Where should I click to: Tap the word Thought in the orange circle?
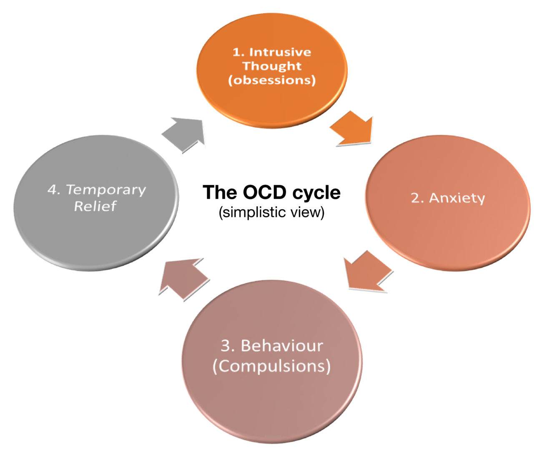[272, 66]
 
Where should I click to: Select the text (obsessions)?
[272, 80]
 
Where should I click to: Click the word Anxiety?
[457, 198]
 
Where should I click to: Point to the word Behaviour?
[282, 346]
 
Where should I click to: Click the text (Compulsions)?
[271, 366]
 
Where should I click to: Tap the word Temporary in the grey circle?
[106, 190]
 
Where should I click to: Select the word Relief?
[95, 206]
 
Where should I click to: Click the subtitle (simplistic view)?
[271, 212]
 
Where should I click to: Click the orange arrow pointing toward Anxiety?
[353, 129]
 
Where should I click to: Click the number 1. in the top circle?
[238, 52]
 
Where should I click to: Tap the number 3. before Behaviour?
[228, 346]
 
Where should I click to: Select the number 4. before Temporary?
[54, 190]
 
